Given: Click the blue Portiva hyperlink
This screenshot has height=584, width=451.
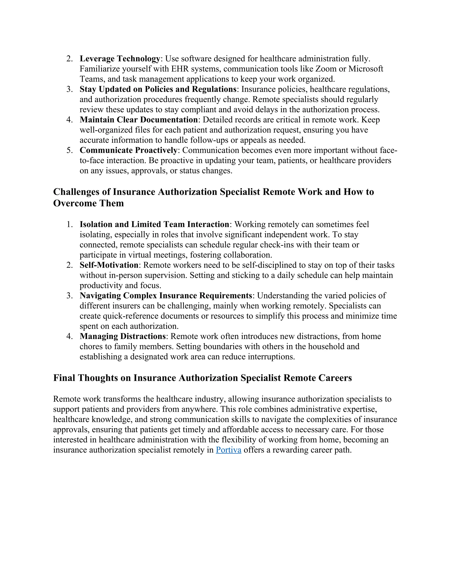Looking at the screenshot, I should (228, 450).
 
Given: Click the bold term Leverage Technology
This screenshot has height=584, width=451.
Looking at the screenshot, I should (120, 59).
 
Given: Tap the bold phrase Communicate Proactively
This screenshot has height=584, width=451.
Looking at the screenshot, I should (128, 150).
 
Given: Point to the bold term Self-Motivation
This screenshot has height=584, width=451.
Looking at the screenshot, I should (109, 265).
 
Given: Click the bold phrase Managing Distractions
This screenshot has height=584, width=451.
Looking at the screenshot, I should (123, 336).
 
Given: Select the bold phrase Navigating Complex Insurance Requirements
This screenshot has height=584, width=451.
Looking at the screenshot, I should (166, 296).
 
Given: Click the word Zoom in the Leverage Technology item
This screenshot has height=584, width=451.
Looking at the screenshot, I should (326, 69).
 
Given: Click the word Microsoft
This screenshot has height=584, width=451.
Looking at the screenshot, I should (366, 69).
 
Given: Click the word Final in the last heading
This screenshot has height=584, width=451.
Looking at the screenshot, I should (64, 378).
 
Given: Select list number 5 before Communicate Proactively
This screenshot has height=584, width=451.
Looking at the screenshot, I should (69, 150).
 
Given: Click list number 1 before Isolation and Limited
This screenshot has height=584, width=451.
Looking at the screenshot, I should (69, 224).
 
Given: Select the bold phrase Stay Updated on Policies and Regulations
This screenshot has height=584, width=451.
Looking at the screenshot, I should (158, 89).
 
